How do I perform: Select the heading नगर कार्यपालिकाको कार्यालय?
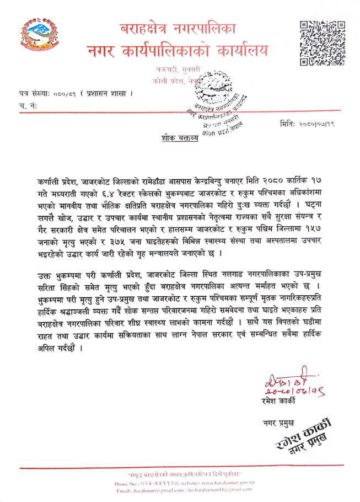coord(181,51)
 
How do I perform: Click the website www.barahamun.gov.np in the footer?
coord(221,483)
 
